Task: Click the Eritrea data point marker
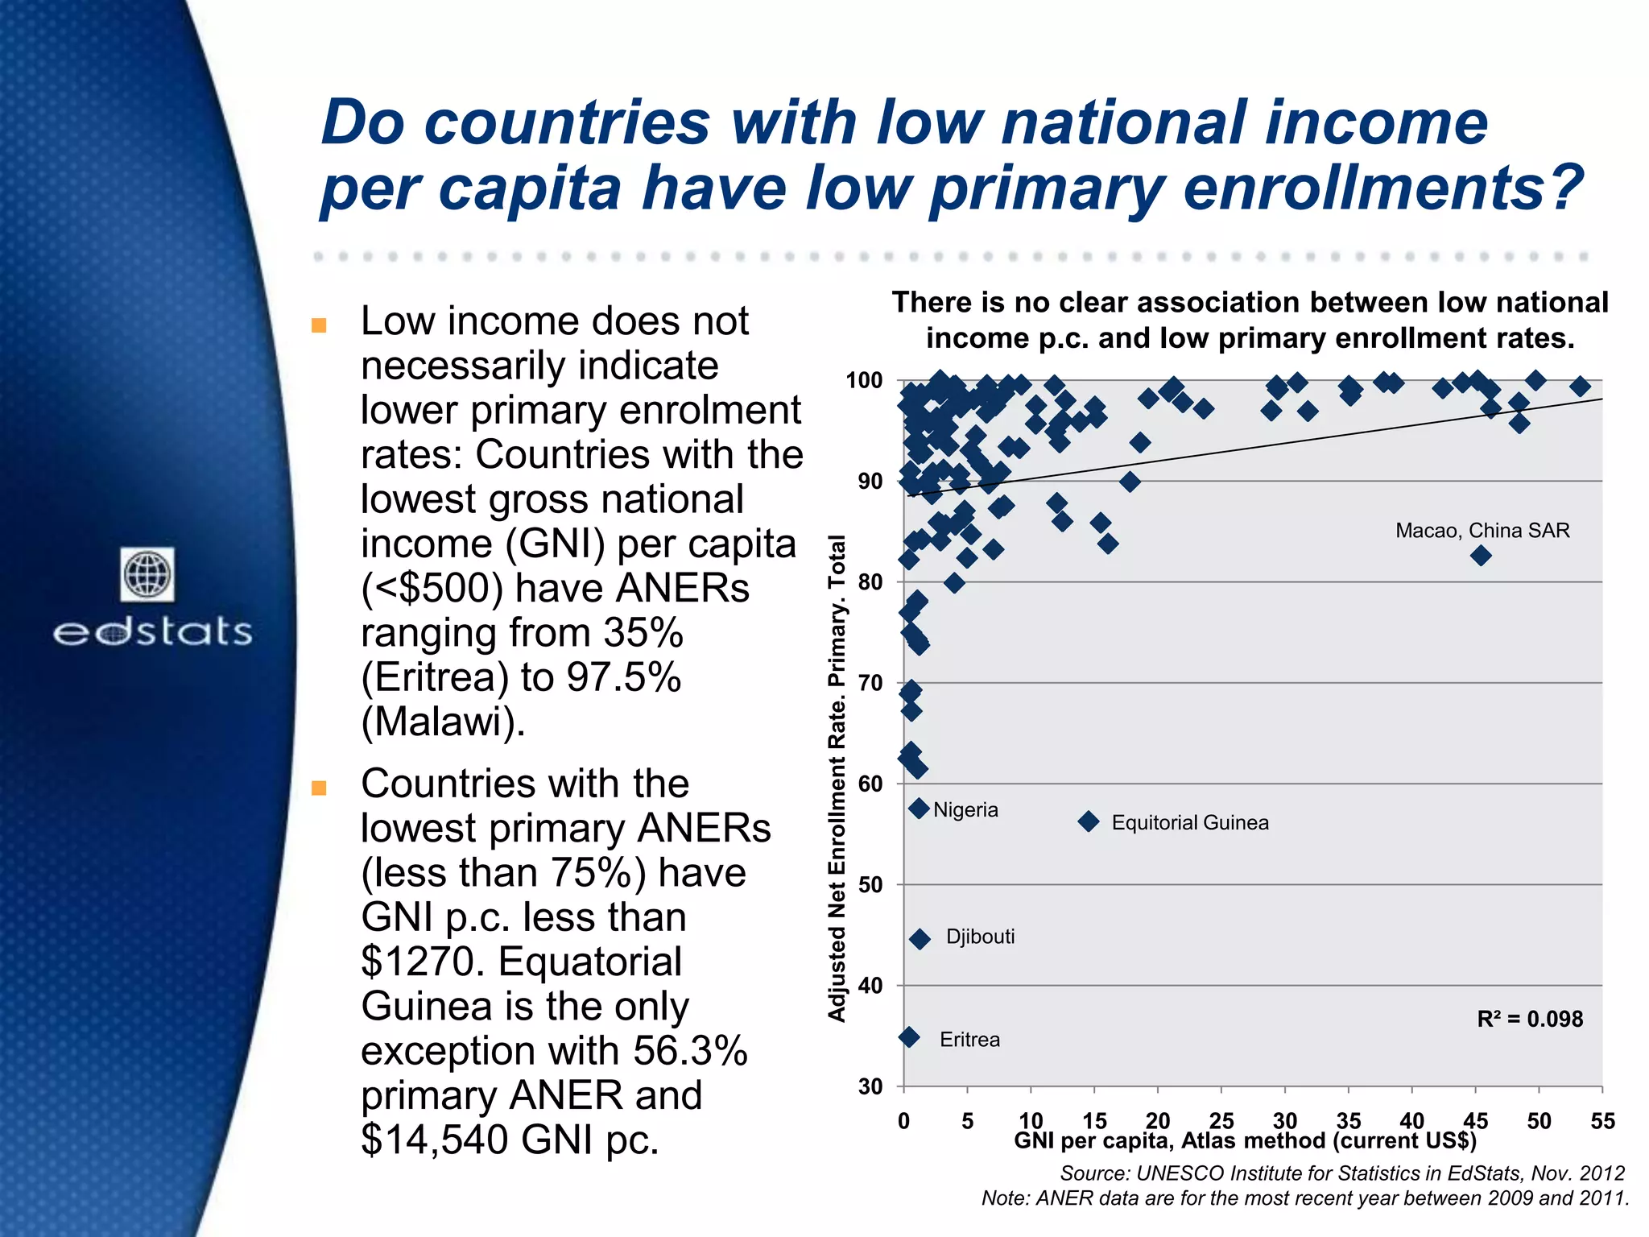pos(909,1037)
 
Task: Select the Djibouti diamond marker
pos(920,939)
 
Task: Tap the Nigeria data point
pos(919,809)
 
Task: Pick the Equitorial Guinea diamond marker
pos(1089,821)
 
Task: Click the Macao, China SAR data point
pos(1480,556)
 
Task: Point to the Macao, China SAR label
pos(1482,531)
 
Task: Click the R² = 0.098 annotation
pos(1530,1020)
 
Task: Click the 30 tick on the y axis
pos(870,1087)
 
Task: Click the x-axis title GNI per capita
pos(1245,1141)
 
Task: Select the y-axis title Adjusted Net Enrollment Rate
pos(837,778)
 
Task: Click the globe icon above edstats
pos(148,575)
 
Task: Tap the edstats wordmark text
pos(153,632)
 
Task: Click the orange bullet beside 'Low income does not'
pos(319,325)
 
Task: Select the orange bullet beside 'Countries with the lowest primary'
pos(319,788)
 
